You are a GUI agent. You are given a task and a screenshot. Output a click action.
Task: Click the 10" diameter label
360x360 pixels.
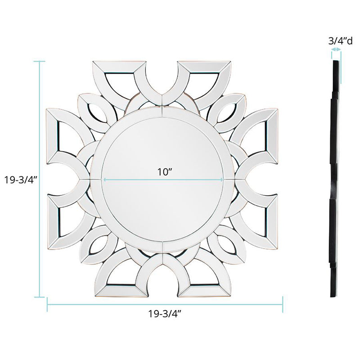tap(165, 171)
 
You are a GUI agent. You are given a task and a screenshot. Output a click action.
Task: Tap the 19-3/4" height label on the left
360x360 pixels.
tap(21, 180)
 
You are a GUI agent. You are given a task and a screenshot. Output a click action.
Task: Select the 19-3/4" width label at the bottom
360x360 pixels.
tap(165, 313)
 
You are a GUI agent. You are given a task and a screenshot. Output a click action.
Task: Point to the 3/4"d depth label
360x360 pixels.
tap(340, 41)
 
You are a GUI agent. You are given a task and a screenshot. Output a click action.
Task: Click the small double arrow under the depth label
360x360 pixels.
tap(336, 49)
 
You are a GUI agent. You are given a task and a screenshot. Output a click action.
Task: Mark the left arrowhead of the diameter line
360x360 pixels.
tap(105, 180)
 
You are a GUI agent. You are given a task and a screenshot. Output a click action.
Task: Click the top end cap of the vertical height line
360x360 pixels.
tap(40, 61)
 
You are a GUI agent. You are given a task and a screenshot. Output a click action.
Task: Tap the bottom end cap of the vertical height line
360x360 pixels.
tap(40, 297)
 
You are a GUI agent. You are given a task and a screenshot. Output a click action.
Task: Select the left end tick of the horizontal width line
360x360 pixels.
tap(47, 305)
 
